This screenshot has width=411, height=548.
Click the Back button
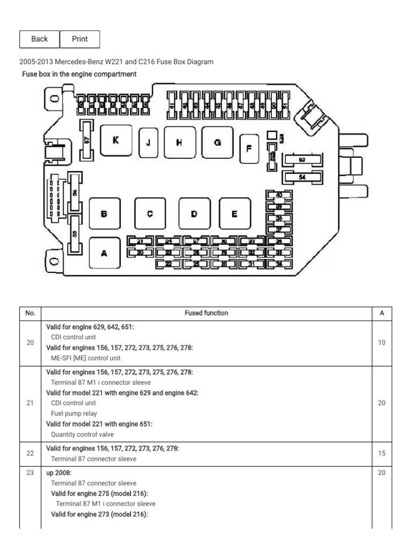(x=39, y=39)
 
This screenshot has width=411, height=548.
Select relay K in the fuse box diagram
(x=115, y=141)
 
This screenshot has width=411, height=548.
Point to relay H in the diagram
(x=179, y=142)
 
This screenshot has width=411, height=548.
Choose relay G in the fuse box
(x=217, y=142)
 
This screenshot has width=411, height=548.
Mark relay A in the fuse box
(x=104, y=253)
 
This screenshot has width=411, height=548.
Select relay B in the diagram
(x=104, y=214)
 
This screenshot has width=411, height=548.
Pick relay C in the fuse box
(x=149, y=214)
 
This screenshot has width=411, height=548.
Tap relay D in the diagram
(x=194, y=214)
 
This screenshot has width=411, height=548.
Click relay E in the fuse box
(x=234, y=214)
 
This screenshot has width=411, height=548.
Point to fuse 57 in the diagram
(x=87, y=140)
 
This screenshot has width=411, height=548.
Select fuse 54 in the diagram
(x=302, y=177)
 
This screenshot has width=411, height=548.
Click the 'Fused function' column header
(x=205, y=313)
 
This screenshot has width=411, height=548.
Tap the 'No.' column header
(x=30, y=313)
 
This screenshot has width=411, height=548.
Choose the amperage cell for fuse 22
(x=382, y=453)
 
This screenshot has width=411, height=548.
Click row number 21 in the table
(x=30, y=403)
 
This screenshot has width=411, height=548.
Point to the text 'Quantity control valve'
(x=82, y=435)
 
